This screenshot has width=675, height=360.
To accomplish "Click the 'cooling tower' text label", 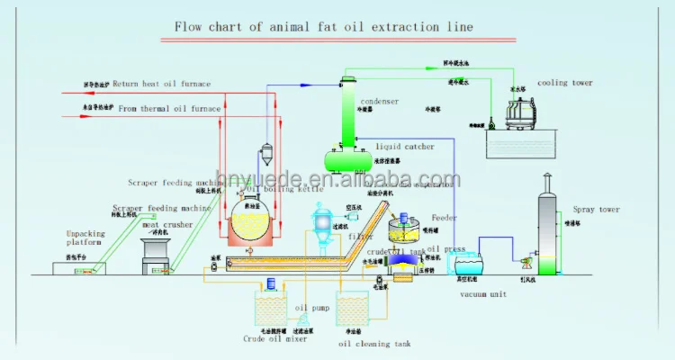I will coord(565,83).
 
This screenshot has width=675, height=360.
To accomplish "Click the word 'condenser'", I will coord(380,102).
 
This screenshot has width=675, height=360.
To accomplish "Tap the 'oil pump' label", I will coord(313,308).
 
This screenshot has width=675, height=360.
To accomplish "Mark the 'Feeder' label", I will coord(445,217).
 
